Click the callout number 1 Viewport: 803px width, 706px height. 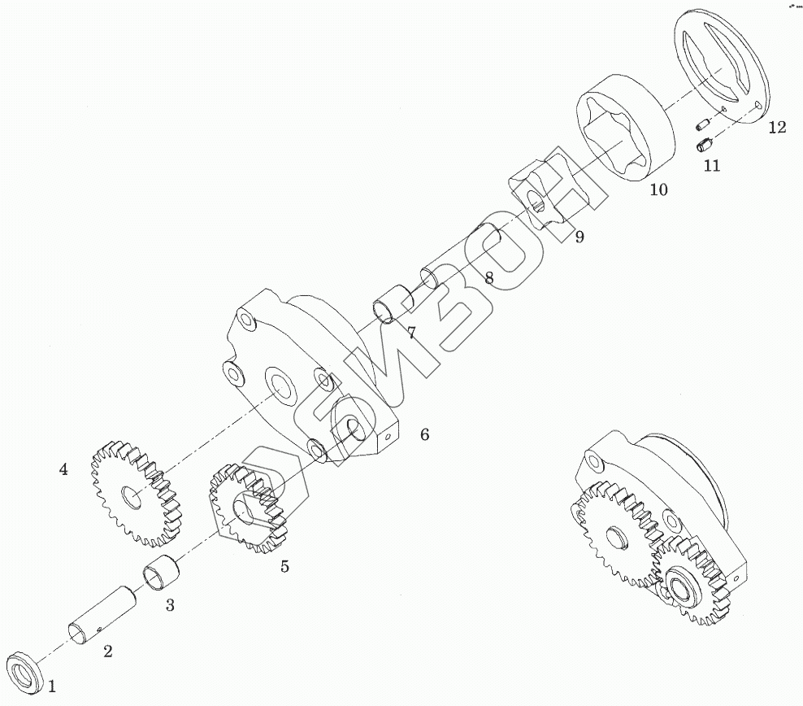51,686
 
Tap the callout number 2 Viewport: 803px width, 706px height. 107,650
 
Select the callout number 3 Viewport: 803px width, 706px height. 170,604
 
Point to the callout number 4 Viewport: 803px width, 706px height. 63,469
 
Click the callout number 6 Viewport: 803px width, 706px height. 424,434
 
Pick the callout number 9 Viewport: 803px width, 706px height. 579,238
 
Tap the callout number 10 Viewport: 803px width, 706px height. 658,190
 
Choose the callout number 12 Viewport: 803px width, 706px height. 777,127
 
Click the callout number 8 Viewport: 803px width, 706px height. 488,277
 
